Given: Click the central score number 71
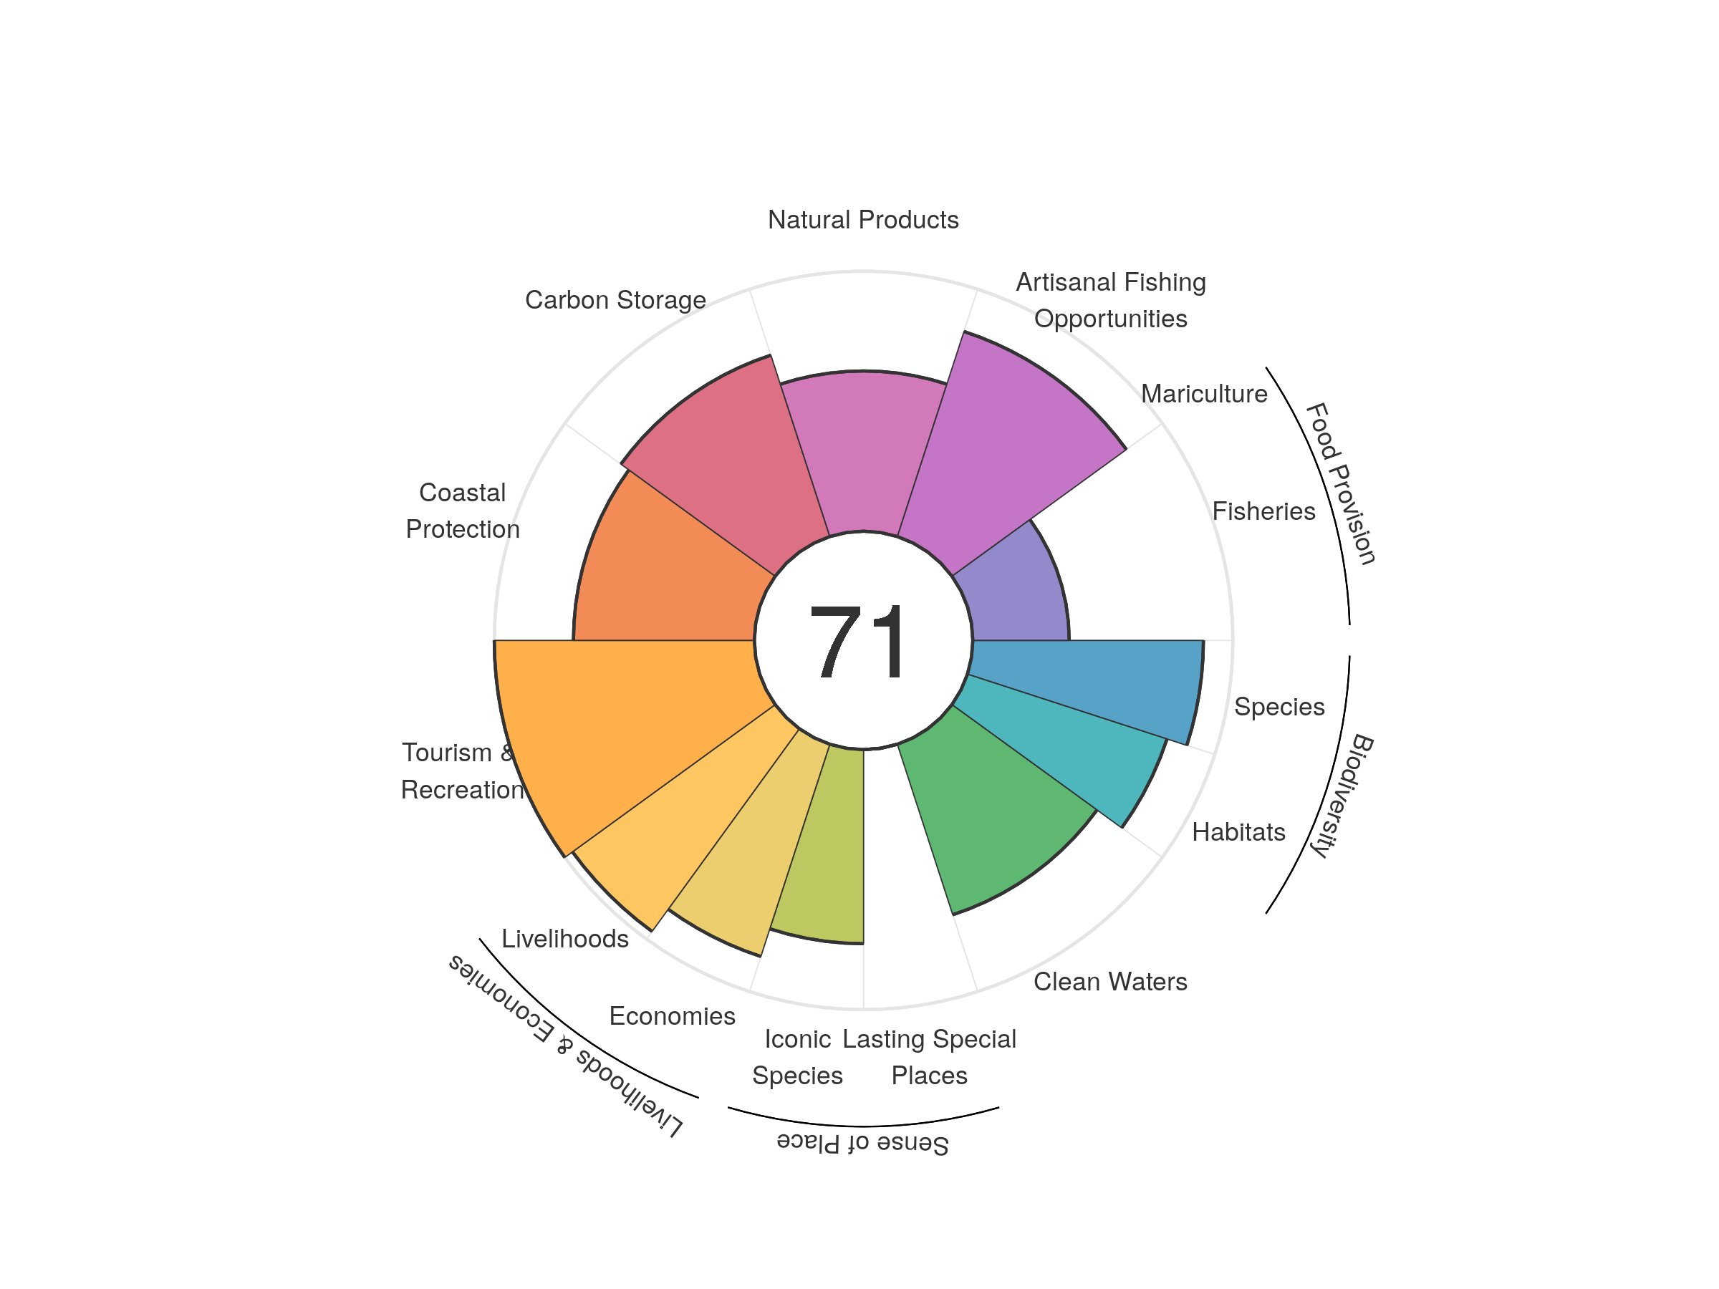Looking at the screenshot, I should tap(858, 642).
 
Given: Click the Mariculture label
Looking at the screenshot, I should tap(1204, 394).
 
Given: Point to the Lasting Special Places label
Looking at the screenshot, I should tap(929, 1057).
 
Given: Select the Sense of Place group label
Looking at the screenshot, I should tap(862, 1144).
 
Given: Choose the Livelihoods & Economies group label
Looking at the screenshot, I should tap(565, 1046).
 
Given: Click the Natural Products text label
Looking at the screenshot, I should tap(862, 220).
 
